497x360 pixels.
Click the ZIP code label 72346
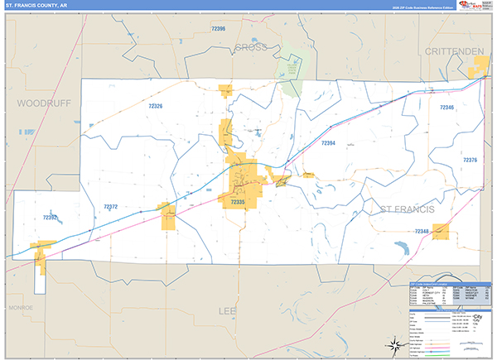[446, 108]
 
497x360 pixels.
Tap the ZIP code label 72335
[238, 201]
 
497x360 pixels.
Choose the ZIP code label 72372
[110, 207]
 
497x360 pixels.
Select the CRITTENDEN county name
[453, 51]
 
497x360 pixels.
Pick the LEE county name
[227, 310]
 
